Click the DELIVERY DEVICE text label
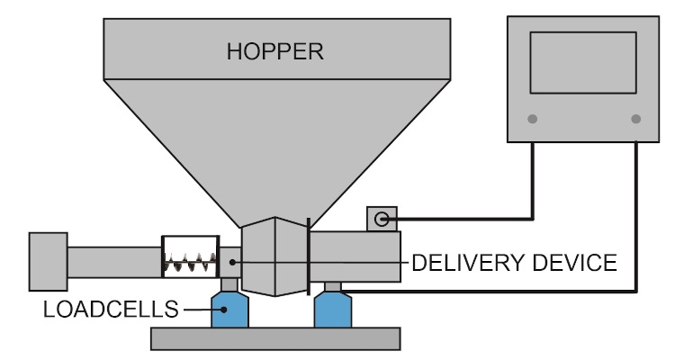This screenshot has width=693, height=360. [x=513, y=263]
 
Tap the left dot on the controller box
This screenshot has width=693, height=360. [x=532, y=119]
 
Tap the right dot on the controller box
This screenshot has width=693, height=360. [x=636, y=119]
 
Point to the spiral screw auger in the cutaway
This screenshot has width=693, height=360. [x=190, y=262]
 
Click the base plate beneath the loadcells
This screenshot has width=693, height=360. [x=274, y=338]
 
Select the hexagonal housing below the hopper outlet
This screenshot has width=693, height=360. [x=275, y=256]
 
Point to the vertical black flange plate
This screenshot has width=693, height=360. [x=310, y=256]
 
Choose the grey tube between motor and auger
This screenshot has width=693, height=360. [x=112, y=262]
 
